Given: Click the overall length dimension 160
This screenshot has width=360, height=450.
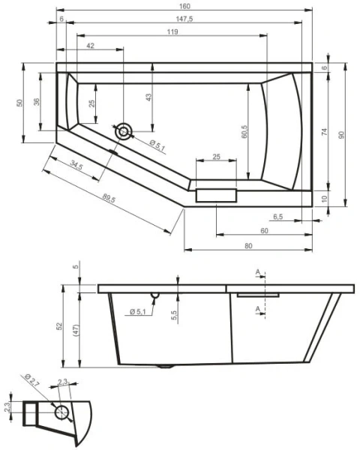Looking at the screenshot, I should [x=184, y=5].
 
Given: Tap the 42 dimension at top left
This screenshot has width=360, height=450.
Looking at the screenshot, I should [x=90, y=46].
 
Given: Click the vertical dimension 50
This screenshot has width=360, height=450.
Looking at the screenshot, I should [x=20, y=103].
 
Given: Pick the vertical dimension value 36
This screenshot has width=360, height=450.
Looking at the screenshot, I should [x=35, y=103].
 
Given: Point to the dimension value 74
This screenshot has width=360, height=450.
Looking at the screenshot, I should [x=325, y=132].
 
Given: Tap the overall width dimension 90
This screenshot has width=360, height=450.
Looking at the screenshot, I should [x=341, y=134].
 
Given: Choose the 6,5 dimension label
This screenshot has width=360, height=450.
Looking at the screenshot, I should [x=277, y=217].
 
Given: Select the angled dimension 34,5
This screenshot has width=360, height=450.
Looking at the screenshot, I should [x=76, y=164].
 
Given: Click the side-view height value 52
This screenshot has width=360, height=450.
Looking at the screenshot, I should [x=60, y=327].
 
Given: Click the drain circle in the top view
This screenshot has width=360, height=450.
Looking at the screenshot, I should [x=123, y=132].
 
